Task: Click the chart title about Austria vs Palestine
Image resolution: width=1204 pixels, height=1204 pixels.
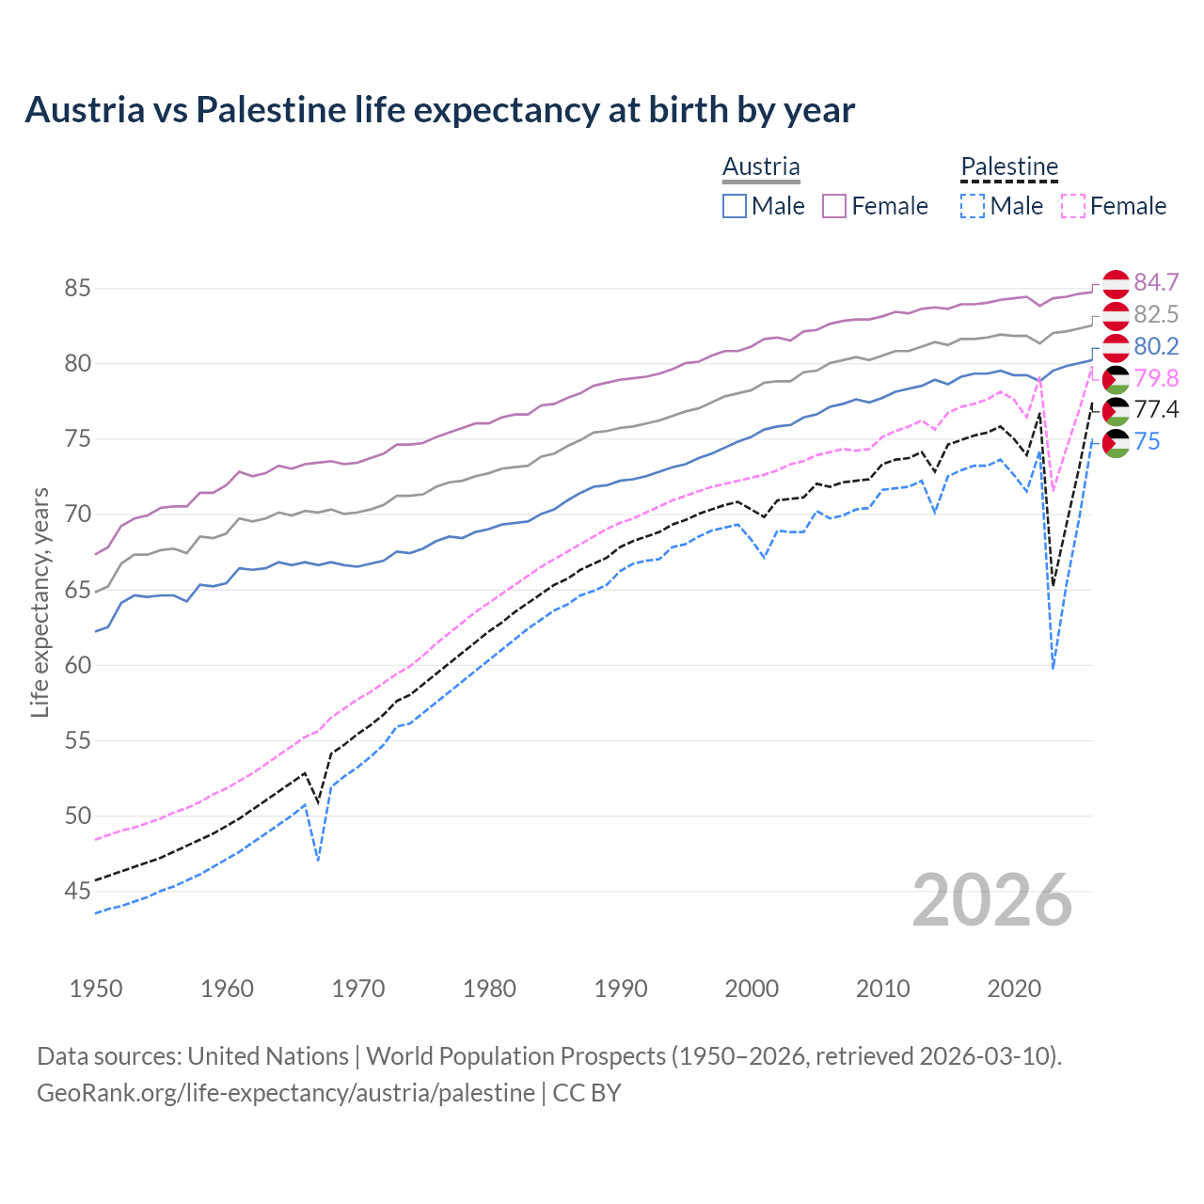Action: point(439,110)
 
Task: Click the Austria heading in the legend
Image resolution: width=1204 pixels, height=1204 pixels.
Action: point(761,166)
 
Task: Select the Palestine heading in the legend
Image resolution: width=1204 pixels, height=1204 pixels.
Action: point(1009,166)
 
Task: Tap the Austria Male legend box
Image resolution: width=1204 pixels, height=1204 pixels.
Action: point(735,206)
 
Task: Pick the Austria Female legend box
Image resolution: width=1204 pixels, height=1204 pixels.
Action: point(834,206)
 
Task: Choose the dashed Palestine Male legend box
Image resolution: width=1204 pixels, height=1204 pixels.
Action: point(973,206)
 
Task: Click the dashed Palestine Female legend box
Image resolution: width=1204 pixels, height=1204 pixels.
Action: point(1073,206)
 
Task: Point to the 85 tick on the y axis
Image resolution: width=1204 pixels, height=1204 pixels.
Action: point(77,288)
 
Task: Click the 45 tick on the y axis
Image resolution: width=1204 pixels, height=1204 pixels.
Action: point(77,891)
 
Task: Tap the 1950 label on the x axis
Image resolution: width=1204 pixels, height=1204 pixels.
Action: point(96,989)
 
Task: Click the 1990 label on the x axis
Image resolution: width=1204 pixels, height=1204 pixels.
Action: point(621,989)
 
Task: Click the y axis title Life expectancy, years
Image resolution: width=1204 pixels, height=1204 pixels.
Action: point(40,602)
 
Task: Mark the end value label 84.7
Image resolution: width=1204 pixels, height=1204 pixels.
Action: point(1156,282)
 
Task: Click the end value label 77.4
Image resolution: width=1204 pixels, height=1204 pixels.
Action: point(1156,409)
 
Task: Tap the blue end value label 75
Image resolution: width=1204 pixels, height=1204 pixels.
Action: point(1147,441)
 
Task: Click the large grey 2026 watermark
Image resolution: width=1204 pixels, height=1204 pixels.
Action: point(991,900)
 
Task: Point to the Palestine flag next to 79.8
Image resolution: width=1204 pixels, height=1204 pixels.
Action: point(1116,378)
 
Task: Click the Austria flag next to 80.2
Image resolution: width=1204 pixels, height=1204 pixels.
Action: point(1116,346)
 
